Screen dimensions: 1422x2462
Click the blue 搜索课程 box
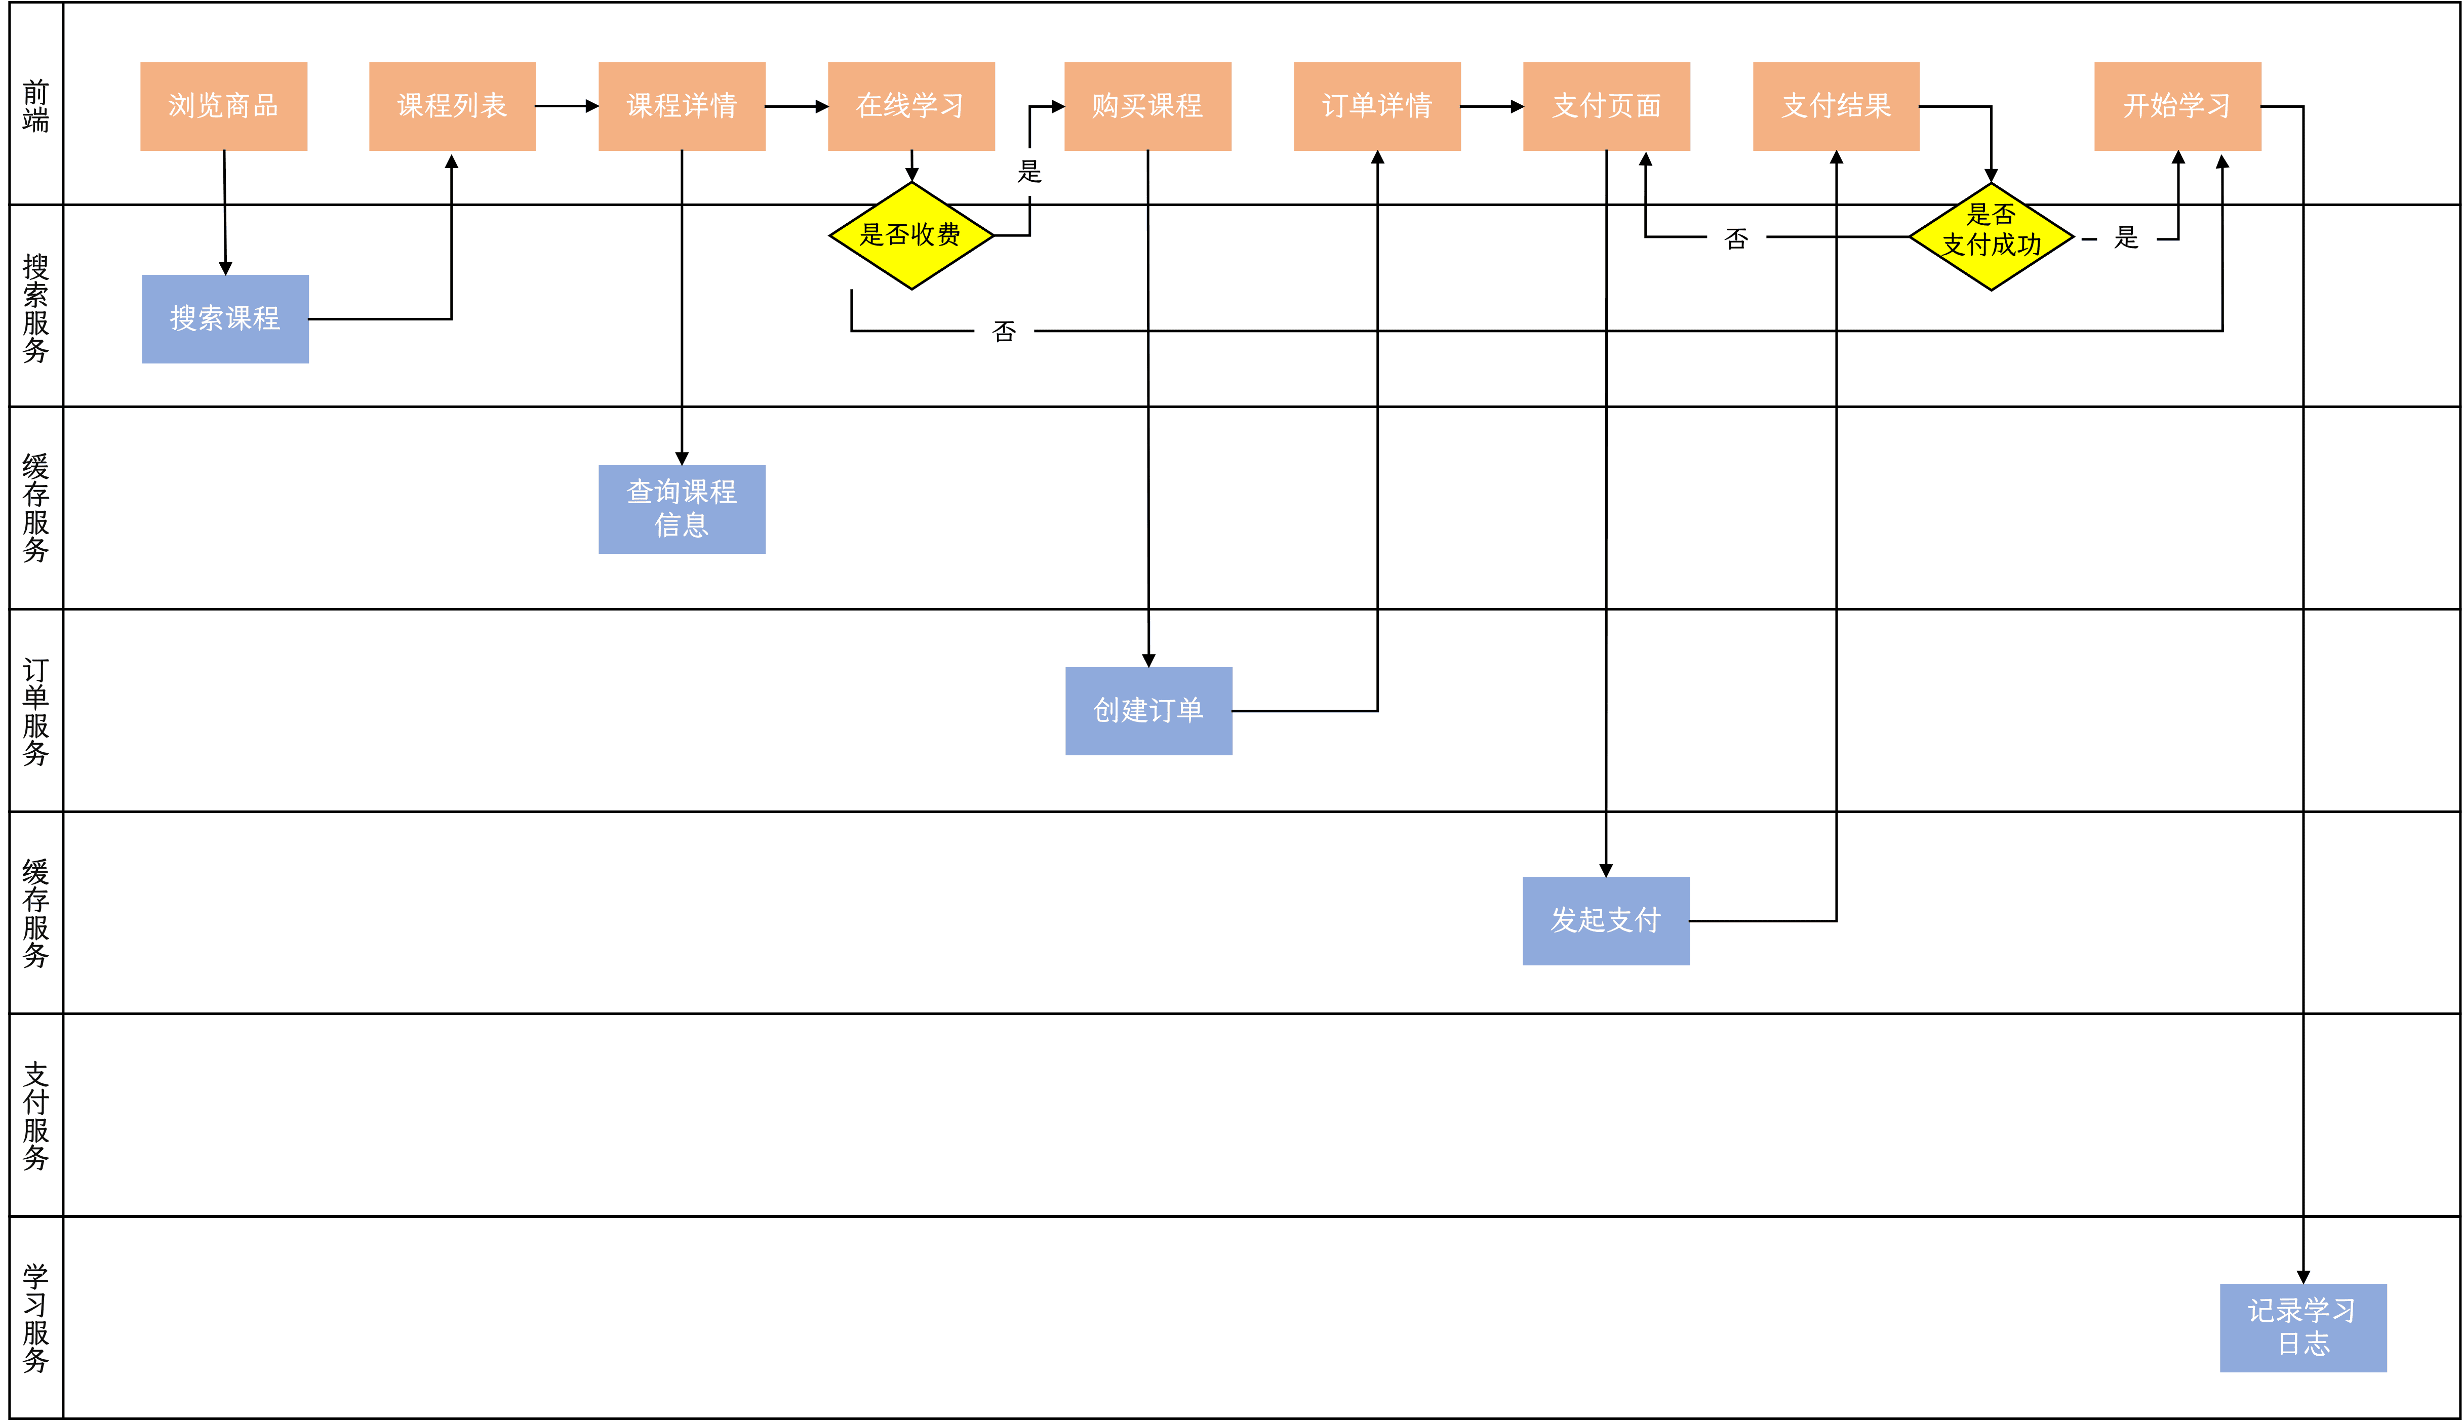(x=225, y=318)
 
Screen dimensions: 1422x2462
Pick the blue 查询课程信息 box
(x=682, y=509)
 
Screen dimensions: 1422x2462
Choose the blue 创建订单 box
(x=1148, y=711)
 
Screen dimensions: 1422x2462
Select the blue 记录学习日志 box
(x=2303, y=1327)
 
